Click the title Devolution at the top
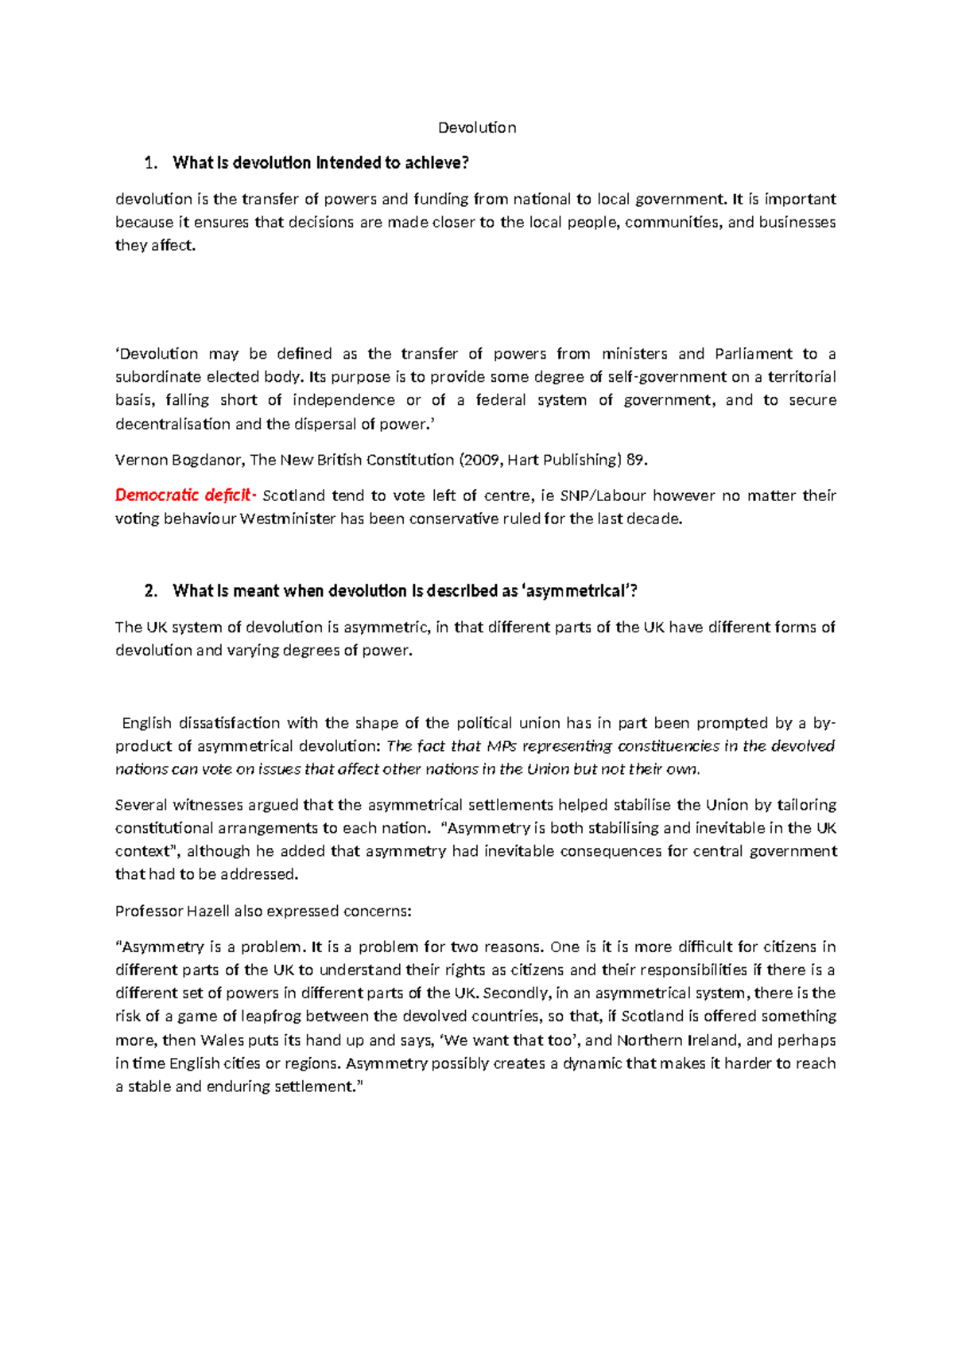(477, 127)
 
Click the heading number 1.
(151, 163)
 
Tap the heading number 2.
(151, 591)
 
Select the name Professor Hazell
(173, 911)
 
